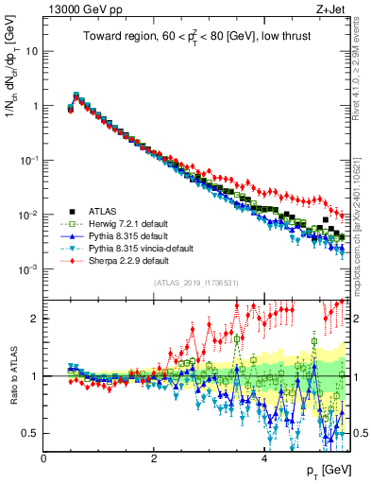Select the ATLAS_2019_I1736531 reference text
pyautogui.click(x=195, y=282)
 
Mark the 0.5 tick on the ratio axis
pyautogui.click(x=31, y=433)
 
